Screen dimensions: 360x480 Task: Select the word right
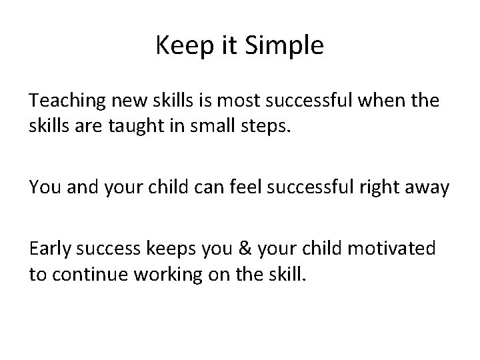[396, 188]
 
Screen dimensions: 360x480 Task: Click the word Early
[51, 249]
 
